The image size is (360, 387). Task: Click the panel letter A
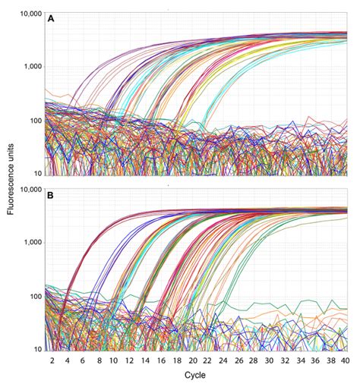coord(51,18)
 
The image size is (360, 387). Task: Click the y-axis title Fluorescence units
coord(11,179)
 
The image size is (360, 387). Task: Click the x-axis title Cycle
coord(194,375)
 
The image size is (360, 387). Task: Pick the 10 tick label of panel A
coord(36,174)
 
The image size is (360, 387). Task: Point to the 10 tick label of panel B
coord(36,350)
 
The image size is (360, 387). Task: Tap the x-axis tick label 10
coord(113,360)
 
